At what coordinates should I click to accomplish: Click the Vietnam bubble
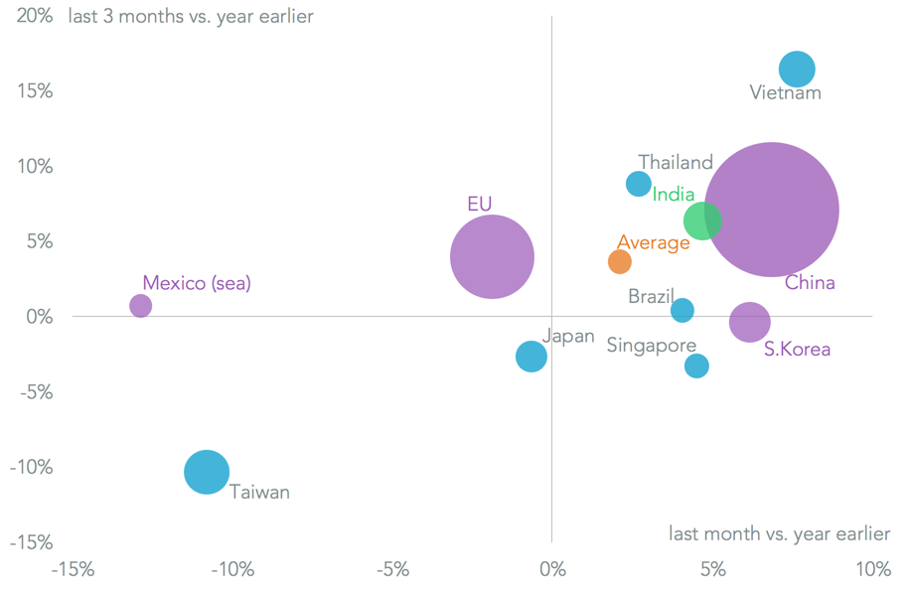(797, 69)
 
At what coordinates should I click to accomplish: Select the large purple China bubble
(771, 210)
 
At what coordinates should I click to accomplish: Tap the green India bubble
(702, 221)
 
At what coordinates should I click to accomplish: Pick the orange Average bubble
(619, 262)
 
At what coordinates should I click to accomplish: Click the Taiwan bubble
(207, 472)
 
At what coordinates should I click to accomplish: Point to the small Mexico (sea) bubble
(141, 306)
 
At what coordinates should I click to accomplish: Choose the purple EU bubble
(492, 257)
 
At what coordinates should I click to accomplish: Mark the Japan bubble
(531, 357)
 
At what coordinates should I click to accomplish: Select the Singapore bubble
(696, 366)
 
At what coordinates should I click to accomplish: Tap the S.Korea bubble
(749, 322)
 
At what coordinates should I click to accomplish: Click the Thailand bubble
(639, 184)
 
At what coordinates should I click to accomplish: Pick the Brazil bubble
(682, 311)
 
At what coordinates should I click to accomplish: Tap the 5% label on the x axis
(711, 570)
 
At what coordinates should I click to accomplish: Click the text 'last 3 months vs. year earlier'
(191, 17)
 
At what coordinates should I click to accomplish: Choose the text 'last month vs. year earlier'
(779, 534)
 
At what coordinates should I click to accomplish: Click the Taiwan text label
(259, 492)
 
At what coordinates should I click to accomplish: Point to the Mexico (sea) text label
(197, 284)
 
